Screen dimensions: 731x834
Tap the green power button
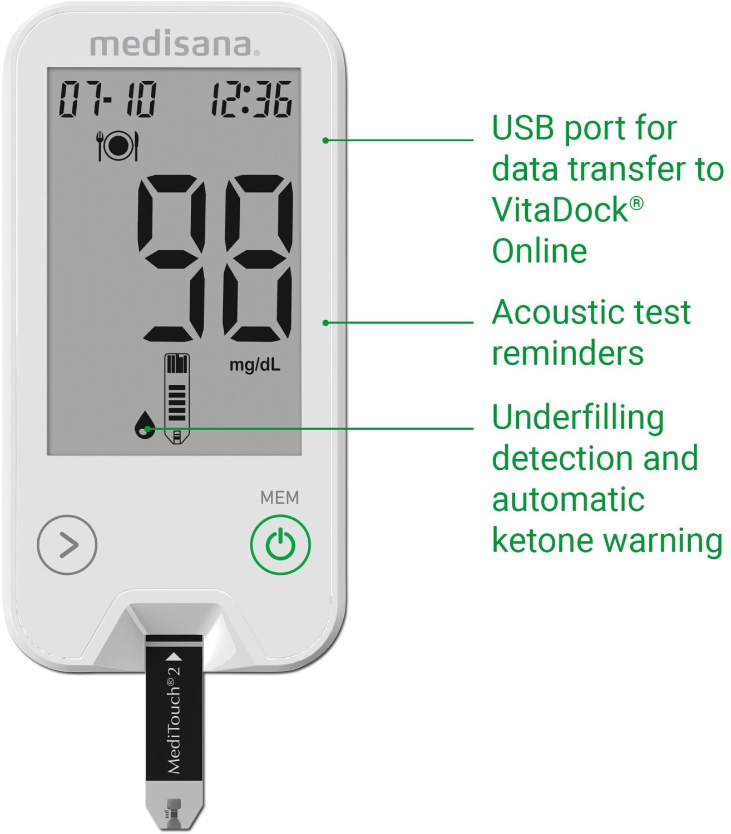tap(280, 544)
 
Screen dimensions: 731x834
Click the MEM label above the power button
tap(279, 498)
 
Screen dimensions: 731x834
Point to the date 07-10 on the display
tap(107, 100)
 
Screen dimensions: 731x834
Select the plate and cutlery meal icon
tap(117, 146)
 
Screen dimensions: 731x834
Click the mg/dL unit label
tap(255, 365)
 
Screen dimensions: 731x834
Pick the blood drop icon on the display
tap(144, 425)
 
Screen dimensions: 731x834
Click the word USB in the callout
tap(523, 128)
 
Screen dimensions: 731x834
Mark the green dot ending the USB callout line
tap(326, 140)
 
